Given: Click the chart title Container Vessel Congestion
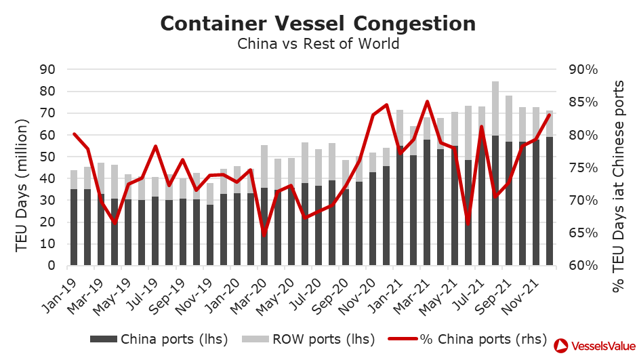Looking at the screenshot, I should pyautogui.click(x=318, y=23).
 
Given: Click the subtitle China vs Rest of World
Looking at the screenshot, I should pyautogui.click(x=318, y=44).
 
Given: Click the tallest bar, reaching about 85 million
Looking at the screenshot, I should pyautogui.click(x=495, y=108).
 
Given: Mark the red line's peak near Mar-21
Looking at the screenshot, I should pyautogui.click(x=428, y=102).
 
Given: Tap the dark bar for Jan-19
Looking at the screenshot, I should pyautogui.click(x=74, y=227).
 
